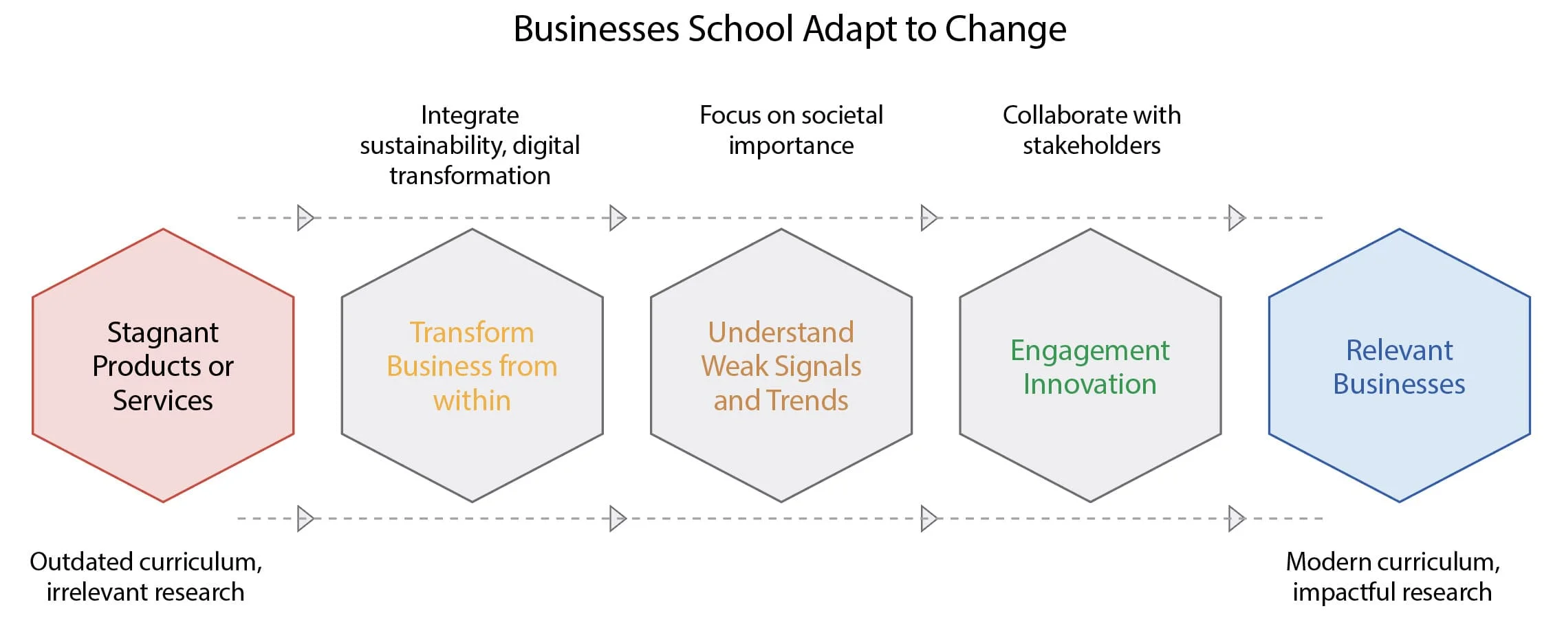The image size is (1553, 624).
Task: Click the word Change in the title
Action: click(1005, 30)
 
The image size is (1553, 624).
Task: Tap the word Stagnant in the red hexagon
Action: click(163, 333)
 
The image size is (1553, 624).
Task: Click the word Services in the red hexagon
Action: click(163, 400)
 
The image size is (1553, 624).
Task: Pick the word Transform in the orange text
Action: click(472, 333)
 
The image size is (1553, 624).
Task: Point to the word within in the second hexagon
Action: click(472, 400)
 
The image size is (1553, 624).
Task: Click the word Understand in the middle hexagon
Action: click(781, 333)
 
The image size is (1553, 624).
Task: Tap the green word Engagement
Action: click(1089, 351)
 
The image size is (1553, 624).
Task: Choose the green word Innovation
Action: click(1089, 384)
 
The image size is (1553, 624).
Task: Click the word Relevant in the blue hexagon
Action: click(1399, 350)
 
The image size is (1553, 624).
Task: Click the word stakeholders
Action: click(1092, 146)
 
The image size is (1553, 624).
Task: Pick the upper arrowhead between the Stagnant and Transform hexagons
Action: click(305, 218)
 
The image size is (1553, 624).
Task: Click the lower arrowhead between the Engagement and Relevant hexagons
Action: click(1237, 519)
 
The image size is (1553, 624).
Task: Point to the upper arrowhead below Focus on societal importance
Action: click(928, 218)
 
